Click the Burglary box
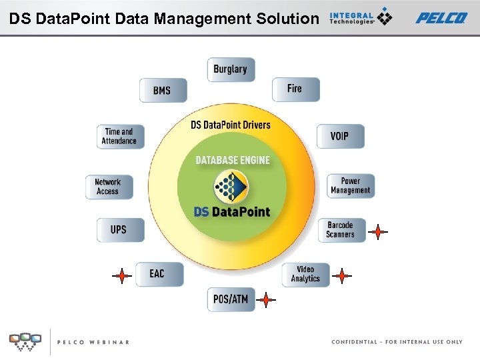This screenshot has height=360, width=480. click(x=231, y=69)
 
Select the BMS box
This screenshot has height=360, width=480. click(x=163, y=90)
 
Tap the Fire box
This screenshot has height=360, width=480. click(x=295, y=89)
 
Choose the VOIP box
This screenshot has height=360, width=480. click(x=339, y=136)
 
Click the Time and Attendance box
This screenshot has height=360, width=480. click(x=119, y=136)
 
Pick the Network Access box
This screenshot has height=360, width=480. click(x=108, y=187)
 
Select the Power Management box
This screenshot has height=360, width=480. click(x=350, y=186)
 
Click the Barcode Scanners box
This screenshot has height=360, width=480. click(x=341, y=230)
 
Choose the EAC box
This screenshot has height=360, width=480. click(x=158, y=274)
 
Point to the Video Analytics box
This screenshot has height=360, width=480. click(x=305, y=275)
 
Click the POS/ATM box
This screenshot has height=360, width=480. click(x=231, y=299)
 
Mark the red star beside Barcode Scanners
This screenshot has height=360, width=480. click(x=378, y=232)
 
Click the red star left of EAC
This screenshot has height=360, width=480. click(x=121, y=275)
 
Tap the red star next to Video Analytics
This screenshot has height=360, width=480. click(x=341, y=275)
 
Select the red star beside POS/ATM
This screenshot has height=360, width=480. click(x=266, y=301)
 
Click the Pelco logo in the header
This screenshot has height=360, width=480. click(x=441, y=17)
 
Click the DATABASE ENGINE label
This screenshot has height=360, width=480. click(x=233, y=160)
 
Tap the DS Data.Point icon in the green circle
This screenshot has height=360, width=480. click(x=231, y=187)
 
